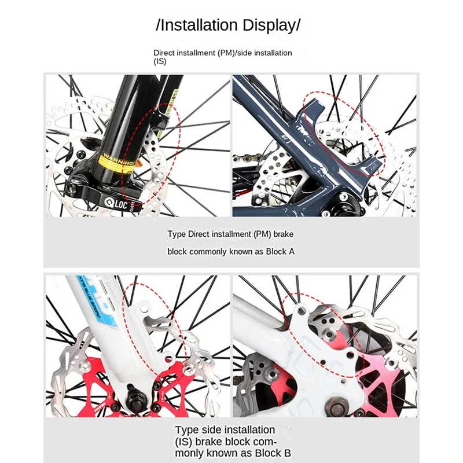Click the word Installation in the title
[x=199, y=25]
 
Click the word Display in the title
[x=269, y=25]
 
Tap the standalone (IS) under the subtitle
[x=160, y=61]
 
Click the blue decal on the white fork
[x=95, y=301]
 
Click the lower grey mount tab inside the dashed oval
[x=362, y=166]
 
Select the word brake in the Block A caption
[x=284, y=234]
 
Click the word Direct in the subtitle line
[x=165, y=53]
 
